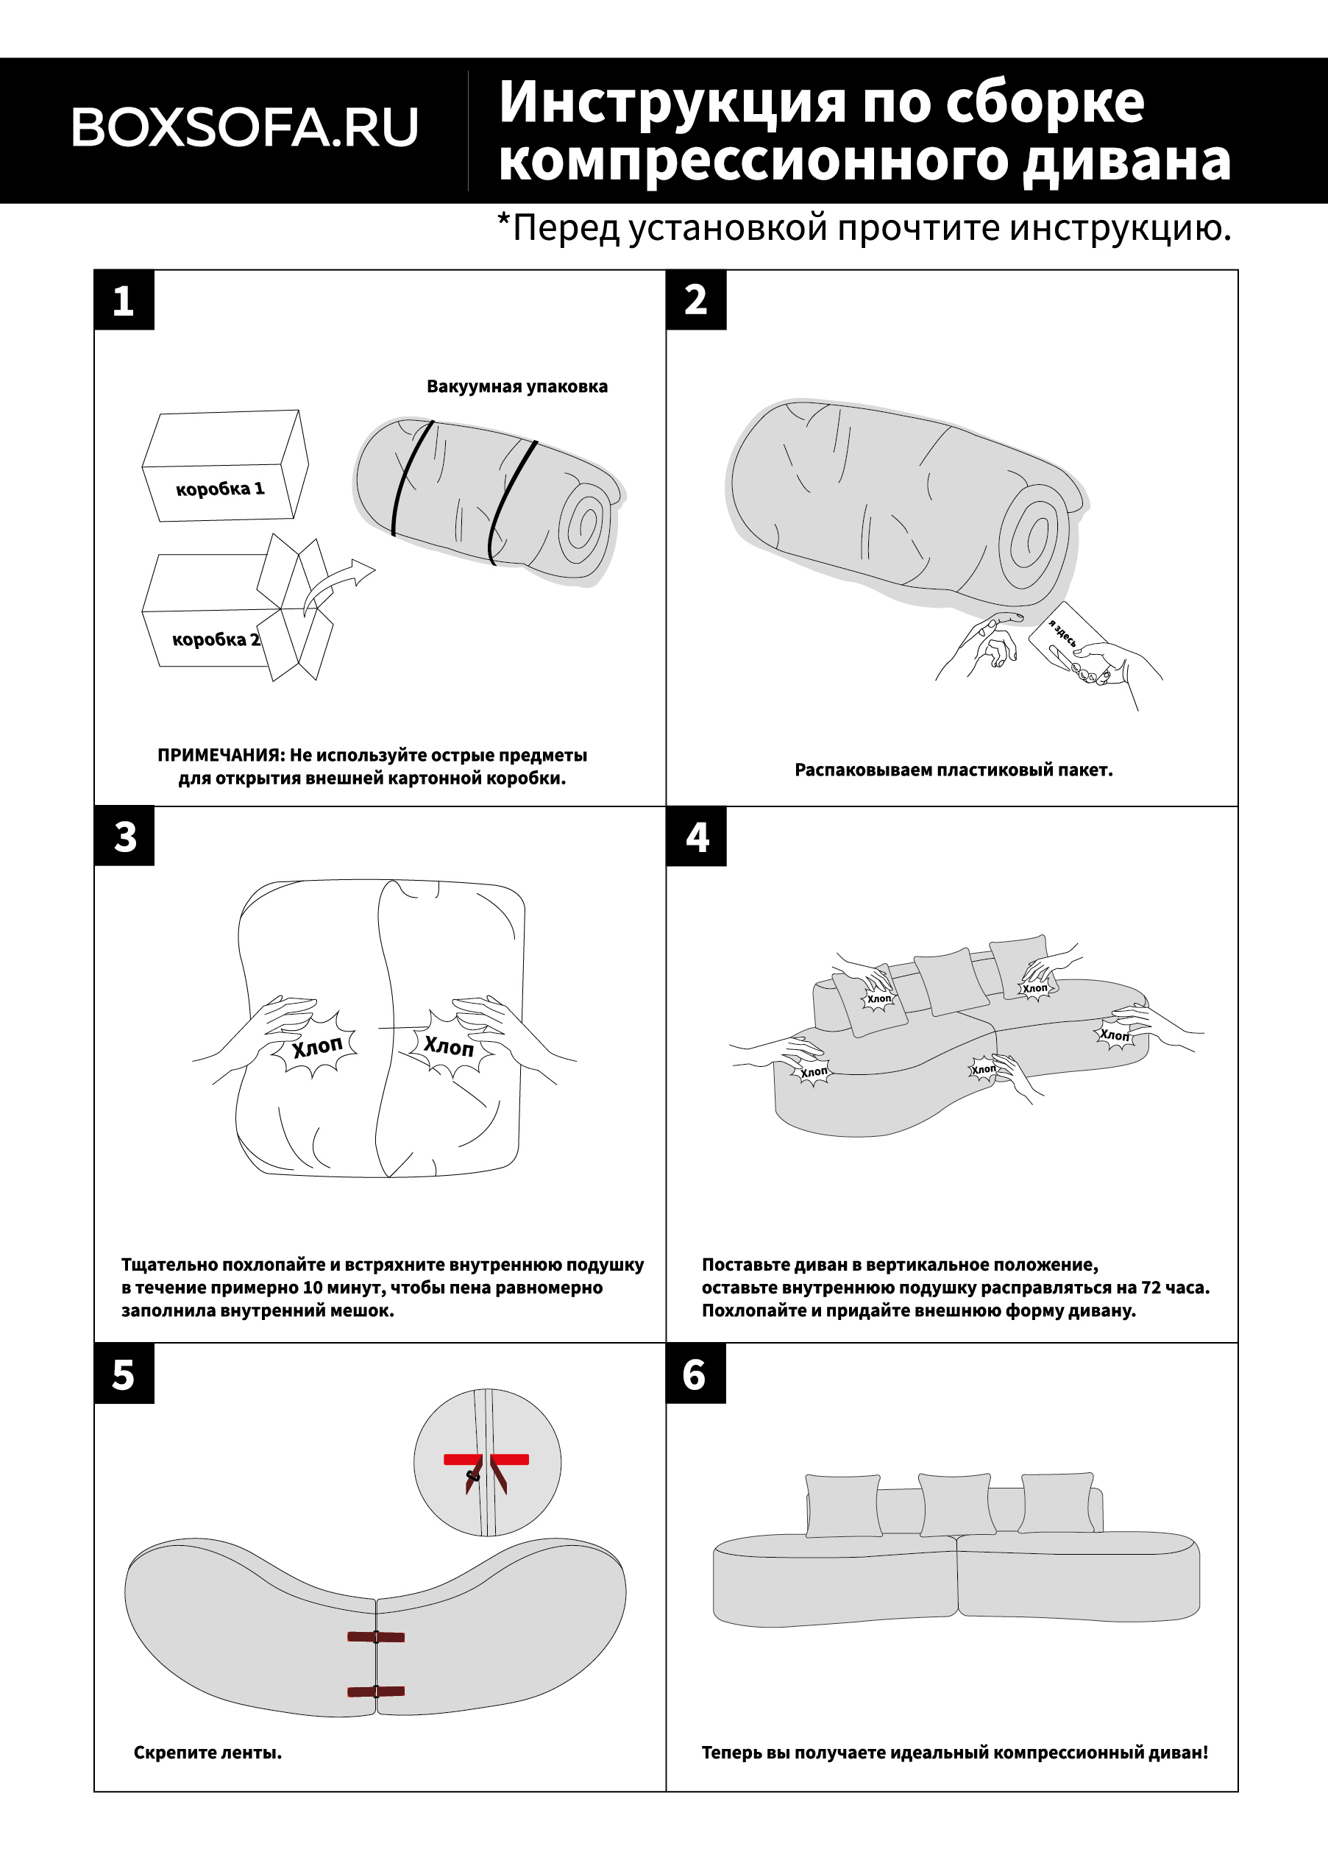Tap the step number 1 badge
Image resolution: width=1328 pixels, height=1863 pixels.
click(x=124, y=300)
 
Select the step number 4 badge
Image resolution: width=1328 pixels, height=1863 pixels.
click(x=696, y=837)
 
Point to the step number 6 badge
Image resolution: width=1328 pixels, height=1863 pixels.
click(x=695, y=1374)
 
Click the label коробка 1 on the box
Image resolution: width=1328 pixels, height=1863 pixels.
click(x=220, y=489)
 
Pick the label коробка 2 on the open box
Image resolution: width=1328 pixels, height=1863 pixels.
click(x=215, y=639)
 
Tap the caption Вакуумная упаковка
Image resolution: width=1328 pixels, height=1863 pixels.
click(x=516, y=386)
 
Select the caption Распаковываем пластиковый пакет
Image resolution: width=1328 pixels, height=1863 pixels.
click(x=954, y=770)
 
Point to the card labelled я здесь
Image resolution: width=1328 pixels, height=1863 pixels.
click(x=1066, y=639)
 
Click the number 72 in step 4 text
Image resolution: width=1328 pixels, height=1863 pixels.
click(x=1151, y=1288)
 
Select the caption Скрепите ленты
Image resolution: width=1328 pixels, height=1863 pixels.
click(x=207, y=1753)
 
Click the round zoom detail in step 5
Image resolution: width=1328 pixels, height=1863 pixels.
click(x=487, y=1462)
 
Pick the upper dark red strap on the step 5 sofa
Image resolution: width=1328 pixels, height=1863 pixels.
click(x=375, y=1636)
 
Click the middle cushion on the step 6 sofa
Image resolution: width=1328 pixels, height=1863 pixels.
click(x=954, y=1505)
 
